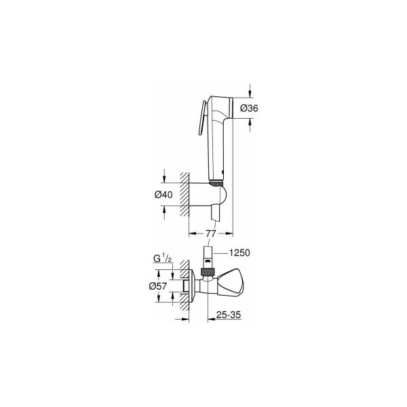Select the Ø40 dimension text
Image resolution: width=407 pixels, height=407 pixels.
click(163, 195)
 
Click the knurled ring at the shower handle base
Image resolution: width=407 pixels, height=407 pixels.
click(216, 181)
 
